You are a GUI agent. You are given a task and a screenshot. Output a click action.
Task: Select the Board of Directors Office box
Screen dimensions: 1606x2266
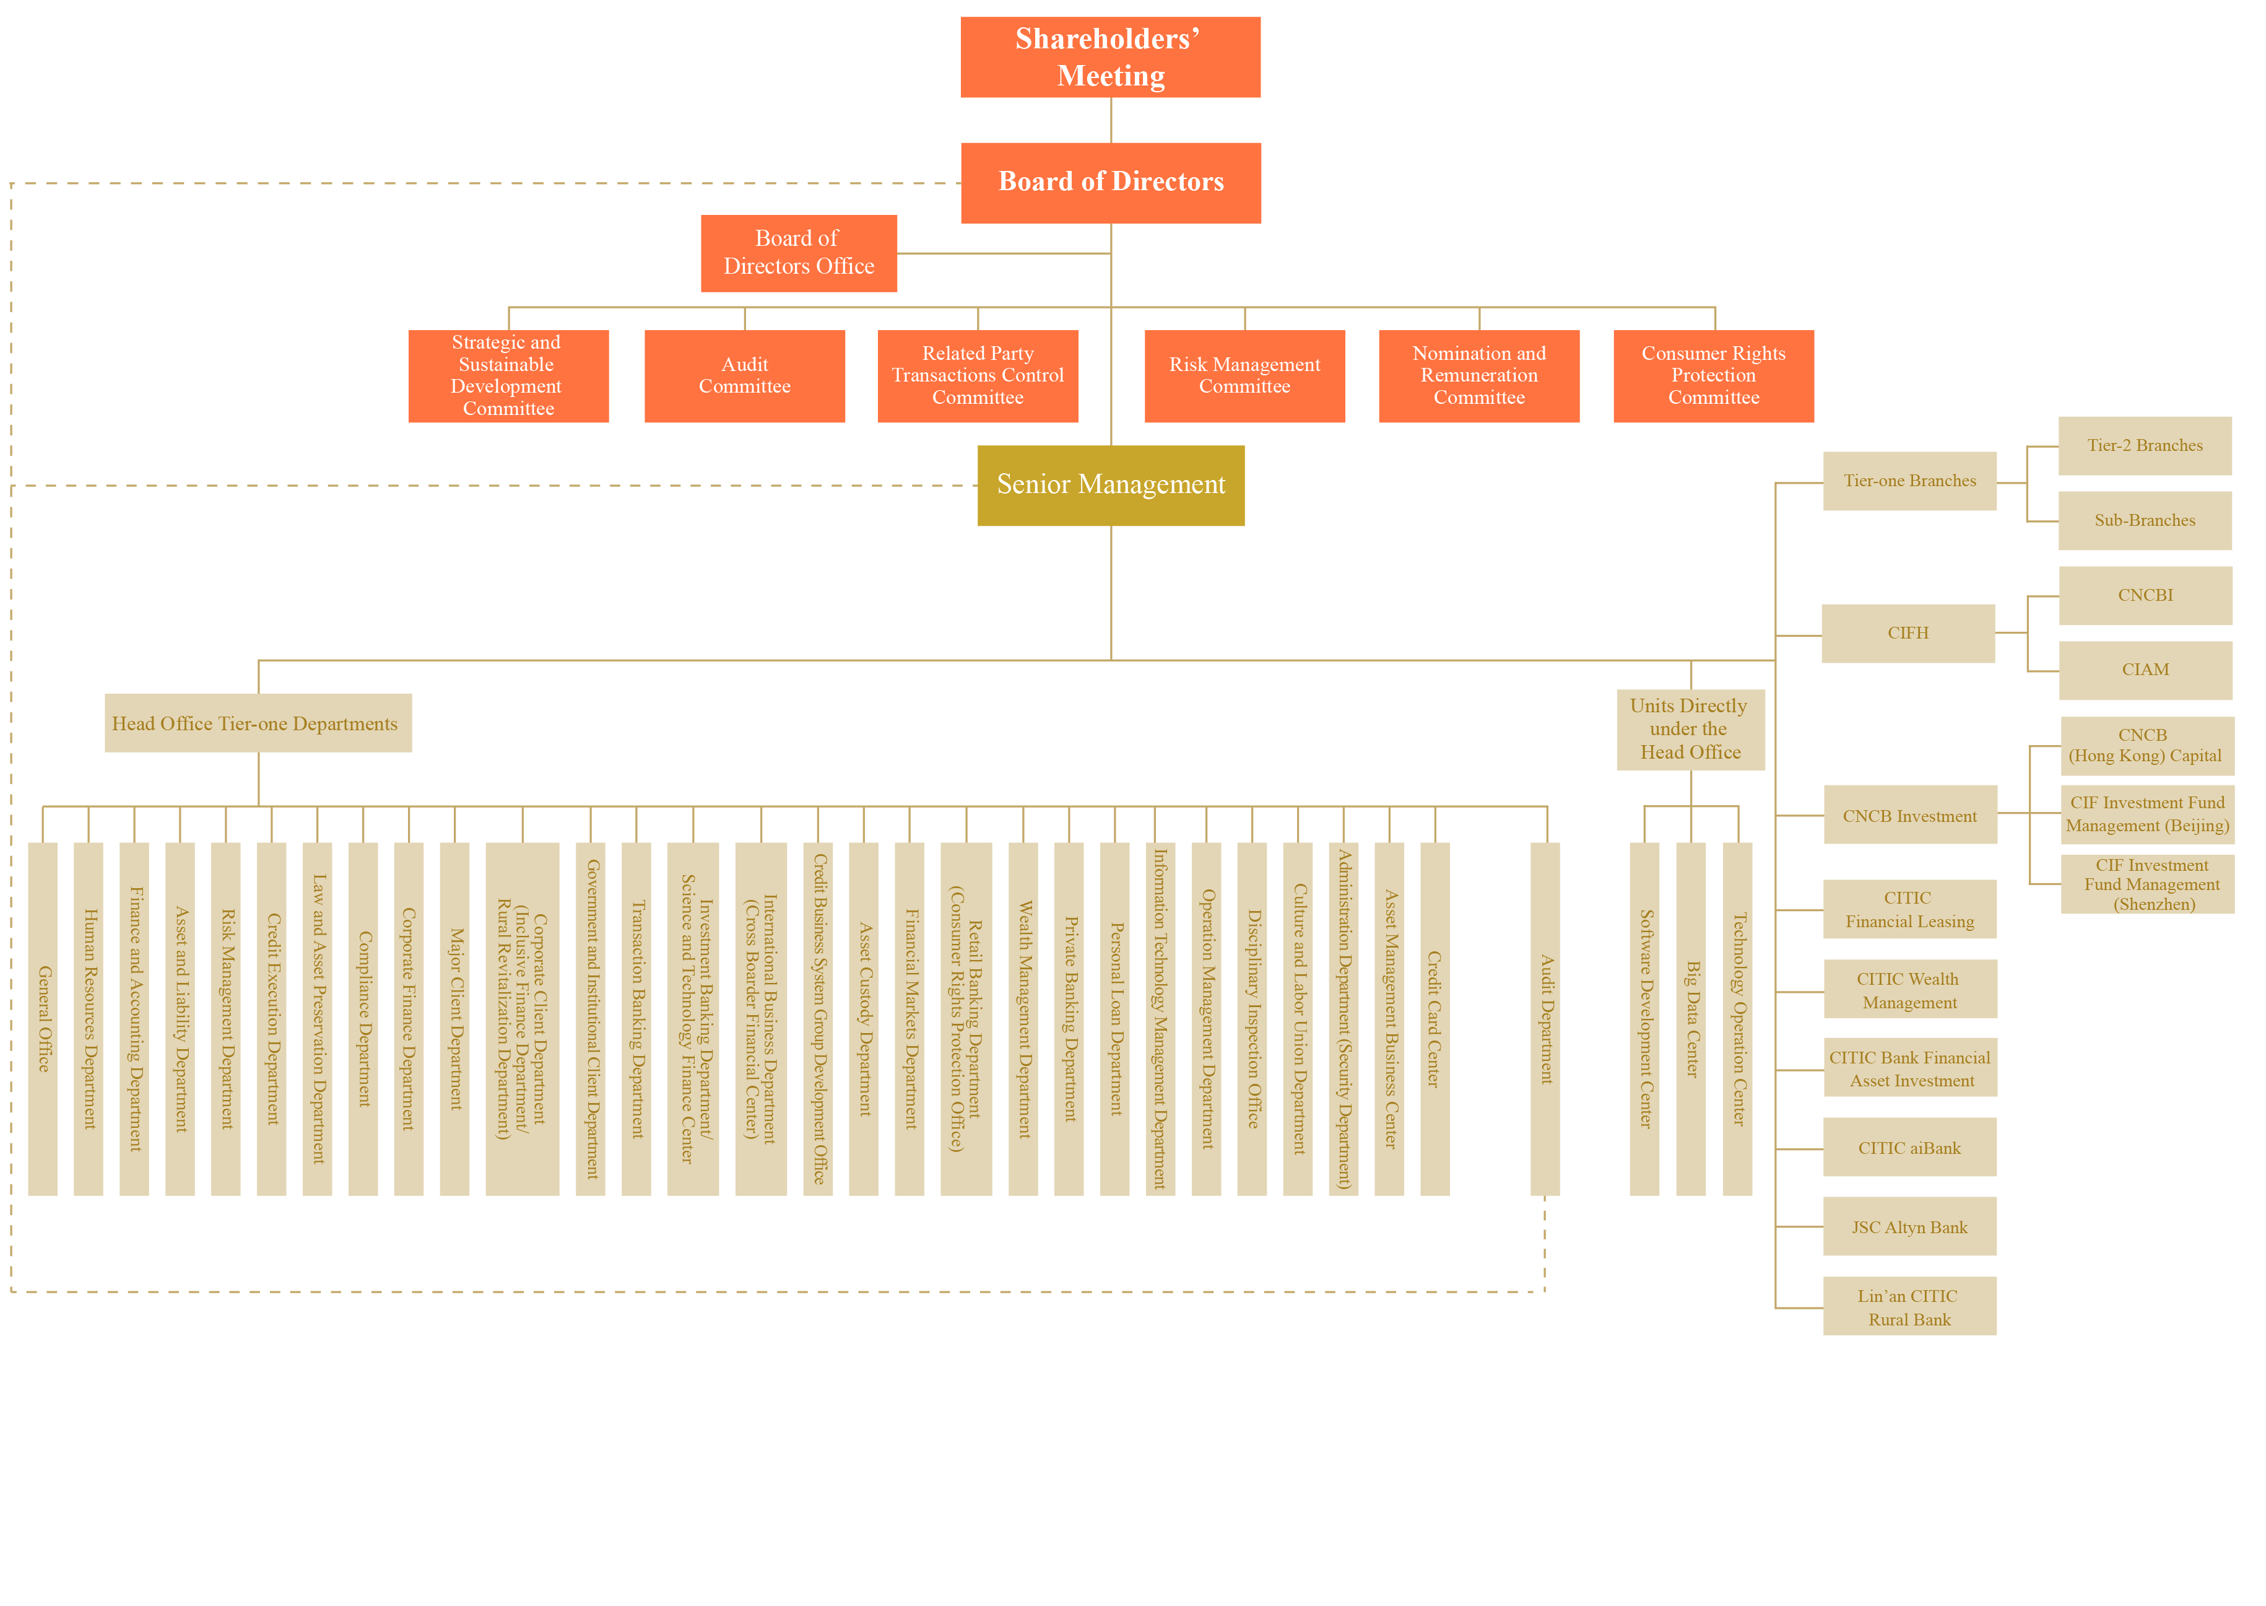click(x=799, y=253)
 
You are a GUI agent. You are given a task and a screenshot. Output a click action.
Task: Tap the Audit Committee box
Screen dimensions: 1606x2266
click(x=744, y=376)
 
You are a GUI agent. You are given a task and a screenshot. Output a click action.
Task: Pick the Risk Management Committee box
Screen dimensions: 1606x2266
click(x=1244, y=376)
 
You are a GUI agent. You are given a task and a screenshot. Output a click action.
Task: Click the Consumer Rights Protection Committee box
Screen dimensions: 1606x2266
click(x=1713, y=376)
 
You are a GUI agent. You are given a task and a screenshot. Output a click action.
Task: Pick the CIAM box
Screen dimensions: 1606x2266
click(x=2145, y=670)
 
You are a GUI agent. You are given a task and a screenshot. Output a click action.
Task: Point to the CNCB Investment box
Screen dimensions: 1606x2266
click(x=1909, y=815)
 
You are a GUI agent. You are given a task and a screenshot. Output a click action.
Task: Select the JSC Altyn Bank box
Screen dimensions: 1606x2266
click(x=1909, y=1226)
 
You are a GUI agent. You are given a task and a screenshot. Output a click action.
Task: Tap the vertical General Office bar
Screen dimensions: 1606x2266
click(x=43, y=1019)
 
